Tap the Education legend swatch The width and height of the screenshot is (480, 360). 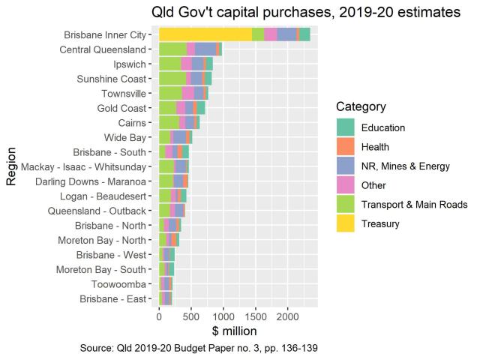click(346, 127)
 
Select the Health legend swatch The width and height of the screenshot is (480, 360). click(346, 146)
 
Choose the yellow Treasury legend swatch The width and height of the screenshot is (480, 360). click(346, 223)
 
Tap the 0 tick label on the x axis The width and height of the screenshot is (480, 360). click(159, 317)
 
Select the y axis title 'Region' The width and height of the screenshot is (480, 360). click(11, 166)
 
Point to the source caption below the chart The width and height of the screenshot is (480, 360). click(202, 349)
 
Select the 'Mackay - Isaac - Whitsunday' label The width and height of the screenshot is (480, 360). click(87, 166)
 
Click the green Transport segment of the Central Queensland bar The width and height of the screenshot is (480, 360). click(172, 49)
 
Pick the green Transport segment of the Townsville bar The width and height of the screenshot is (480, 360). click(170, 93)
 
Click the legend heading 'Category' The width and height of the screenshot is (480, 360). click(361, 106)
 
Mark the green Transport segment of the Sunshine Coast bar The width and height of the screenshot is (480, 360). click(172, 78)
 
